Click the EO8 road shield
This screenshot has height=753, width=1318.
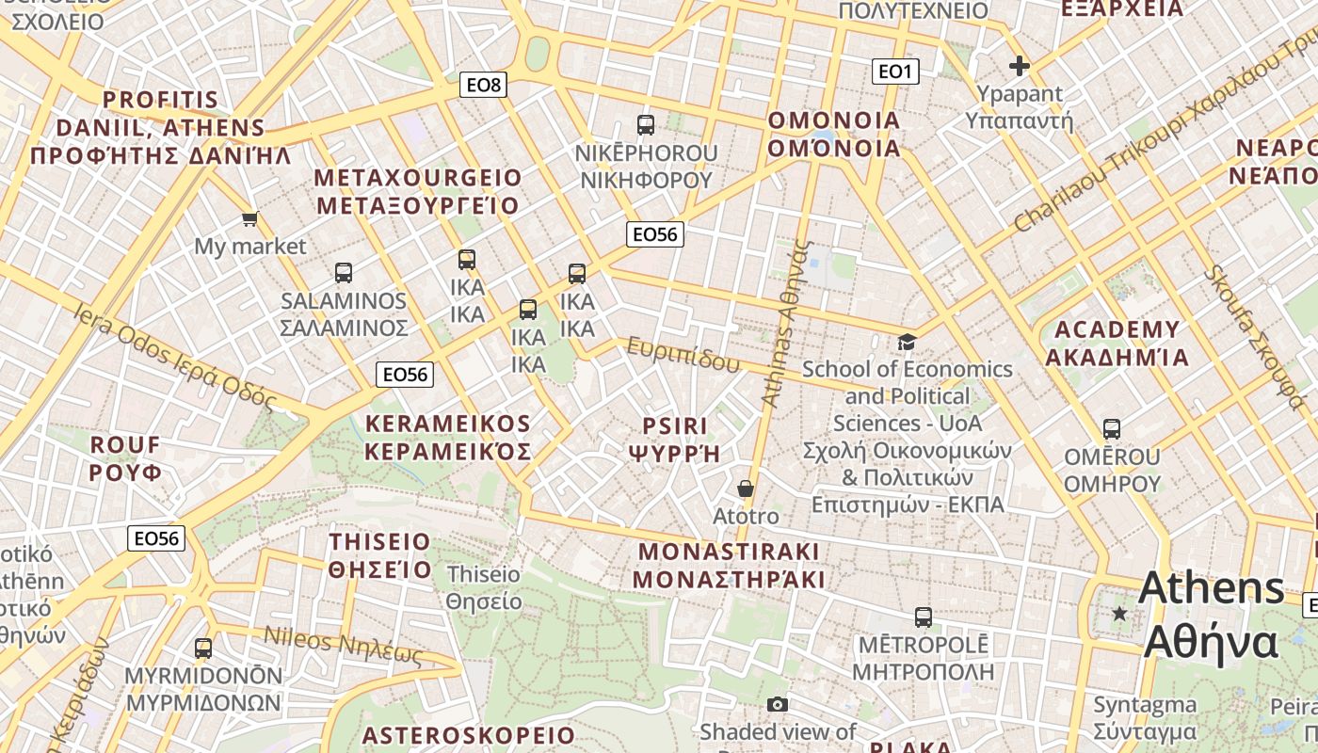(485, 85)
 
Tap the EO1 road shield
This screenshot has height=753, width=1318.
(894, 72)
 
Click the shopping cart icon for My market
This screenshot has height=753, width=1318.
(249, 219)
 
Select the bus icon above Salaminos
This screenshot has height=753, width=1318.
(344, 273)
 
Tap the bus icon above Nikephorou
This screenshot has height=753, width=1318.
(646, 124)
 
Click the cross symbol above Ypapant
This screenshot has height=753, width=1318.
(1019, 66)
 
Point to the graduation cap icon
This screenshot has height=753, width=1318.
(907, 342)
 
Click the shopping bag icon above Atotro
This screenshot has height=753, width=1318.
(746, 489)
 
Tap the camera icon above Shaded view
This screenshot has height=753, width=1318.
(777, 704)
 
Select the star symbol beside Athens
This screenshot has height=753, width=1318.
(1119, 614)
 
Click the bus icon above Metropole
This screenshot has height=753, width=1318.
(924, 617)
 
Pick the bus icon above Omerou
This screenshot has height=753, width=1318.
(1112, 429)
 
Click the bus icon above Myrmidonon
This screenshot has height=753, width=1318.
(203, 648)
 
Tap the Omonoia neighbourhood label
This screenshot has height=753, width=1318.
(834, 135)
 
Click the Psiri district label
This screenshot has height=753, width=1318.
(674, 439)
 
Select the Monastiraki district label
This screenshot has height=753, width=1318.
(729, 565)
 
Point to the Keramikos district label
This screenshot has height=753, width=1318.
(448, 437)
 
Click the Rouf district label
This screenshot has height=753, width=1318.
(126, 457)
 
